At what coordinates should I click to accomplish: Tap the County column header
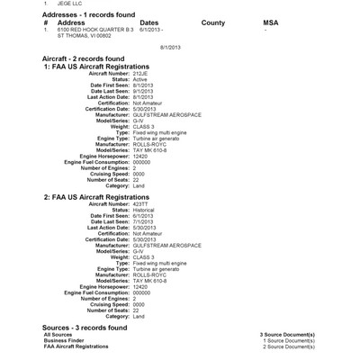click(x=213, y=22)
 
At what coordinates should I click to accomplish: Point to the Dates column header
click(x=149, y=22)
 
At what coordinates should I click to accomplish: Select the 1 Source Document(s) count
click(x=288, y=340)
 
